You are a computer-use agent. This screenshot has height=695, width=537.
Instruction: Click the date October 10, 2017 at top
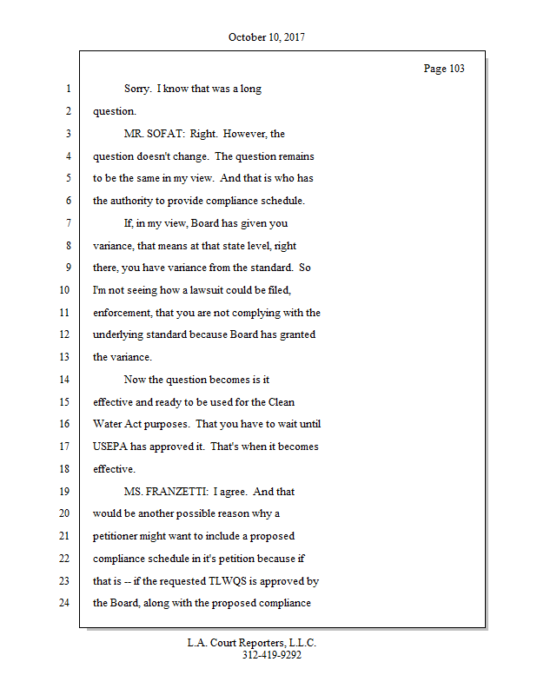click(x=267, y=37)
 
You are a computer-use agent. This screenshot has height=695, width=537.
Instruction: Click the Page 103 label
click(x=443, y=69)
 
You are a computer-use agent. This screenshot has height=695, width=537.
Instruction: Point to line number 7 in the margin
click(x=66, y=223)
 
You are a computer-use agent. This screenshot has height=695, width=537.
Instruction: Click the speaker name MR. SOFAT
click(x=154, y=134)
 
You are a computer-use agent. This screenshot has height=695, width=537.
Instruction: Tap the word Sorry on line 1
click(x=138, y=89)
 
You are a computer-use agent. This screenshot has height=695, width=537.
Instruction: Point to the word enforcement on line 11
click(x=122, y=313)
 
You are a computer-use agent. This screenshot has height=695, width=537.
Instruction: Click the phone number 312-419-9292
click(x=272, y=655)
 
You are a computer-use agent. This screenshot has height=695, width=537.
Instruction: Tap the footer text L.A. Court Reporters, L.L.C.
click(x=252, y=643)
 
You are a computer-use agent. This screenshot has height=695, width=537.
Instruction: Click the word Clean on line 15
click(x=281, y=401)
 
